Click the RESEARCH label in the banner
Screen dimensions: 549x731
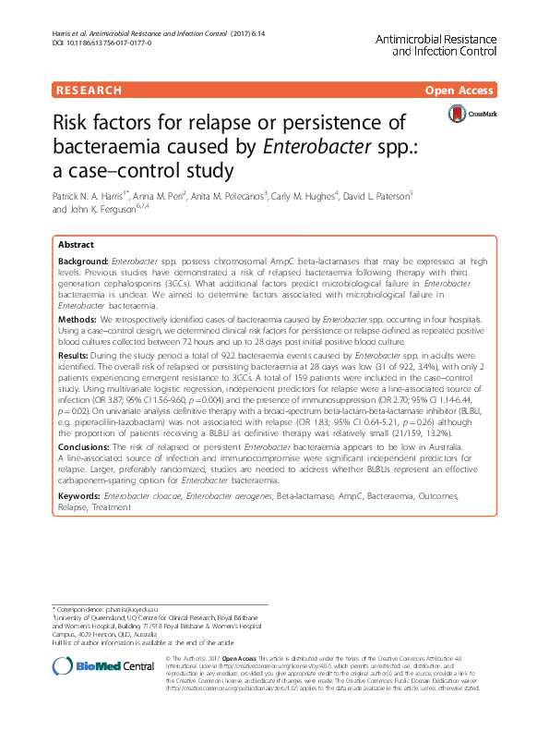click(x=89, y=91)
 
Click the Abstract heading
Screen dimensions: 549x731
click(x=76, y=245)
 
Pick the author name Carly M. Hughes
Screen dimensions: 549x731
click(x=304, y=196)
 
